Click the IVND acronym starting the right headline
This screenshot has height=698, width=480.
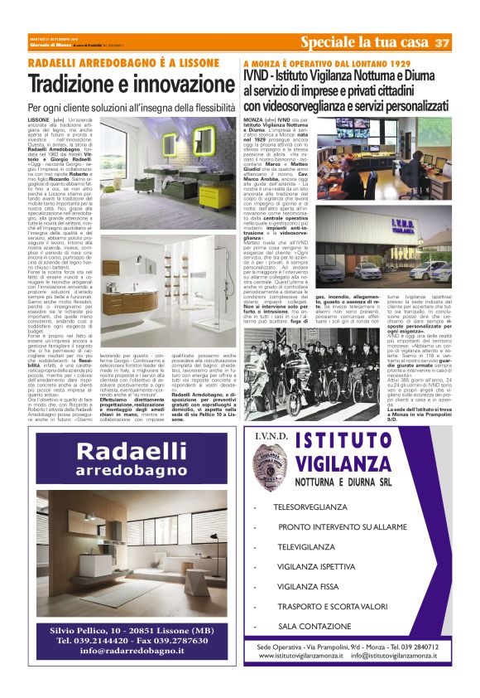(259, 76)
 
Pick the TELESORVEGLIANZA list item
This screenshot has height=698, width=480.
(310, 507)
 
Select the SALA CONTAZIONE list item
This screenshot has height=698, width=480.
(315, 627)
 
